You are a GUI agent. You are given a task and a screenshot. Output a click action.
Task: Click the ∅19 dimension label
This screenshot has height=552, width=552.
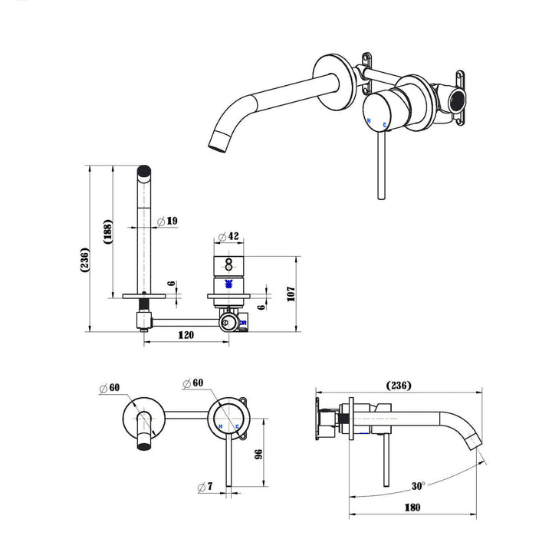pos(167,222)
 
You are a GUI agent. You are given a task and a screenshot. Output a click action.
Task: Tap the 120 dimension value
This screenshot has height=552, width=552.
pos(186,335)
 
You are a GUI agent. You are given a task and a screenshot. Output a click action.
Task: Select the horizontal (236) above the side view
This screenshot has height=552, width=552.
pos(398,385)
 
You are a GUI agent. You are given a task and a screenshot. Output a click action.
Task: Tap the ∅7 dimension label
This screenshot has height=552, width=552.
pos(204,487)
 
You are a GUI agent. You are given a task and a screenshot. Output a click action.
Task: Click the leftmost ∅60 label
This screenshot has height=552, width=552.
pos(109,388)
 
